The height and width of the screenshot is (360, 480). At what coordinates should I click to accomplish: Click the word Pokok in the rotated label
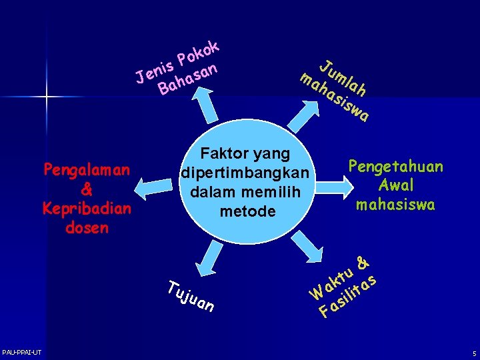pos(199,54)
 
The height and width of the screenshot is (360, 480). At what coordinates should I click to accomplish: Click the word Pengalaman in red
pos(86,170)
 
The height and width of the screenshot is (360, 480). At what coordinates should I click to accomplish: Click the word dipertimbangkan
pos(245,173)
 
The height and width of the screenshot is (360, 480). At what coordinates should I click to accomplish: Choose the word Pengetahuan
pos(395,167)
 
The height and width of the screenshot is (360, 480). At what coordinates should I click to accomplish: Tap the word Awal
pos(395,185)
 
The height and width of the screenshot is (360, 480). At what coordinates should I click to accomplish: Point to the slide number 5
pos(473,353)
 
